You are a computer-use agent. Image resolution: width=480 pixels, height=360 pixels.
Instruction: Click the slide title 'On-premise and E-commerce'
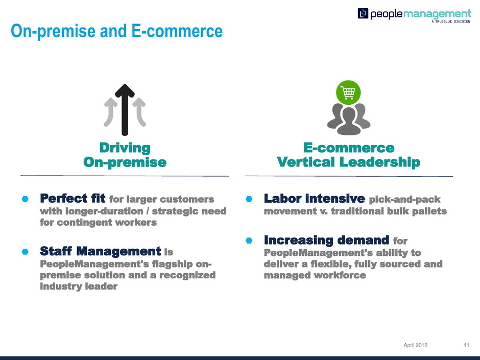(x=116, y=31)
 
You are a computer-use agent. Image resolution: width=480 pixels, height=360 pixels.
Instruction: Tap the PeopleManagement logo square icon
(x=363, y=13)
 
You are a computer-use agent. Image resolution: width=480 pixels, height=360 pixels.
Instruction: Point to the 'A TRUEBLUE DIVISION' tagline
(x=450, y=21)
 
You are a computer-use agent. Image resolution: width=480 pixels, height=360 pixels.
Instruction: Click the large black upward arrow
(x=125, y=110)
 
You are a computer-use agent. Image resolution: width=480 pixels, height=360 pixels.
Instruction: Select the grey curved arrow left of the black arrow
(x=110, y=112)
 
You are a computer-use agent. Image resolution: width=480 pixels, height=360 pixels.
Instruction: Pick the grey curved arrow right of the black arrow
(x=139, y=112)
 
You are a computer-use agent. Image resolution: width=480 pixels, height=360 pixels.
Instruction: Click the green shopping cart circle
(x=348, y=92)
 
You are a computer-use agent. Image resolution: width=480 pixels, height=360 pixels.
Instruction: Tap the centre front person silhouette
(x=349, y=121)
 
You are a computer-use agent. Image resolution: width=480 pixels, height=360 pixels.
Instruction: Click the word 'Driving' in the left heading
(x=125, y=148)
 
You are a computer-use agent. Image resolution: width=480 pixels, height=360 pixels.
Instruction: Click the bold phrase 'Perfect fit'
(x=73, y=198)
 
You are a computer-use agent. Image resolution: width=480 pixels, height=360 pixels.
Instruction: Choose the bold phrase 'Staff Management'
(x=101, y=251)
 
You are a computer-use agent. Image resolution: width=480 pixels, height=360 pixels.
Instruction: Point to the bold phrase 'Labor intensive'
(x=315, y=198)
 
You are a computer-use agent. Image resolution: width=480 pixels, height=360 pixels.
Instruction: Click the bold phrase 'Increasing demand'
(x=327, y=241)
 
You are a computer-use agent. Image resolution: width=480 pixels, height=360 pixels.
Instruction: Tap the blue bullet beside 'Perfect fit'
(x=25, y=199)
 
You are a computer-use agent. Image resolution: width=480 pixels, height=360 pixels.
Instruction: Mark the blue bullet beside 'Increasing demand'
(x=249, y=241)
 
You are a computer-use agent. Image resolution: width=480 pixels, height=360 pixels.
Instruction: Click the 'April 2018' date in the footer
(x=416, y=345)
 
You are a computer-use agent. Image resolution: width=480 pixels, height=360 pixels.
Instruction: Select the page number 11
(x=466, y=345)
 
